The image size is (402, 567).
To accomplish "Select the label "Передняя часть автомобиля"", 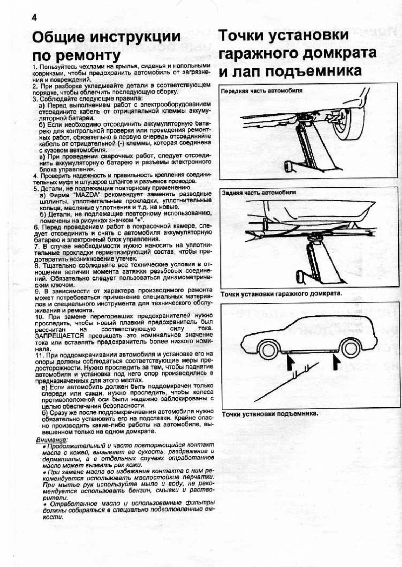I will (261, 90).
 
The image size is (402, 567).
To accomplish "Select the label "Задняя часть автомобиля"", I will (259, 192).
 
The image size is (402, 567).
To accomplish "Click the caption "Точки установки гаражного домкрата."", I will (281, 294).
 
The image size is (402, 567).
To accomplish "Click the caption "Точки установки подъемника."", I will (270, 413).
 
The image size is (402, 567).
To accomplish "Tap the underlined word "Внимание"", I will (52, 439).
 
